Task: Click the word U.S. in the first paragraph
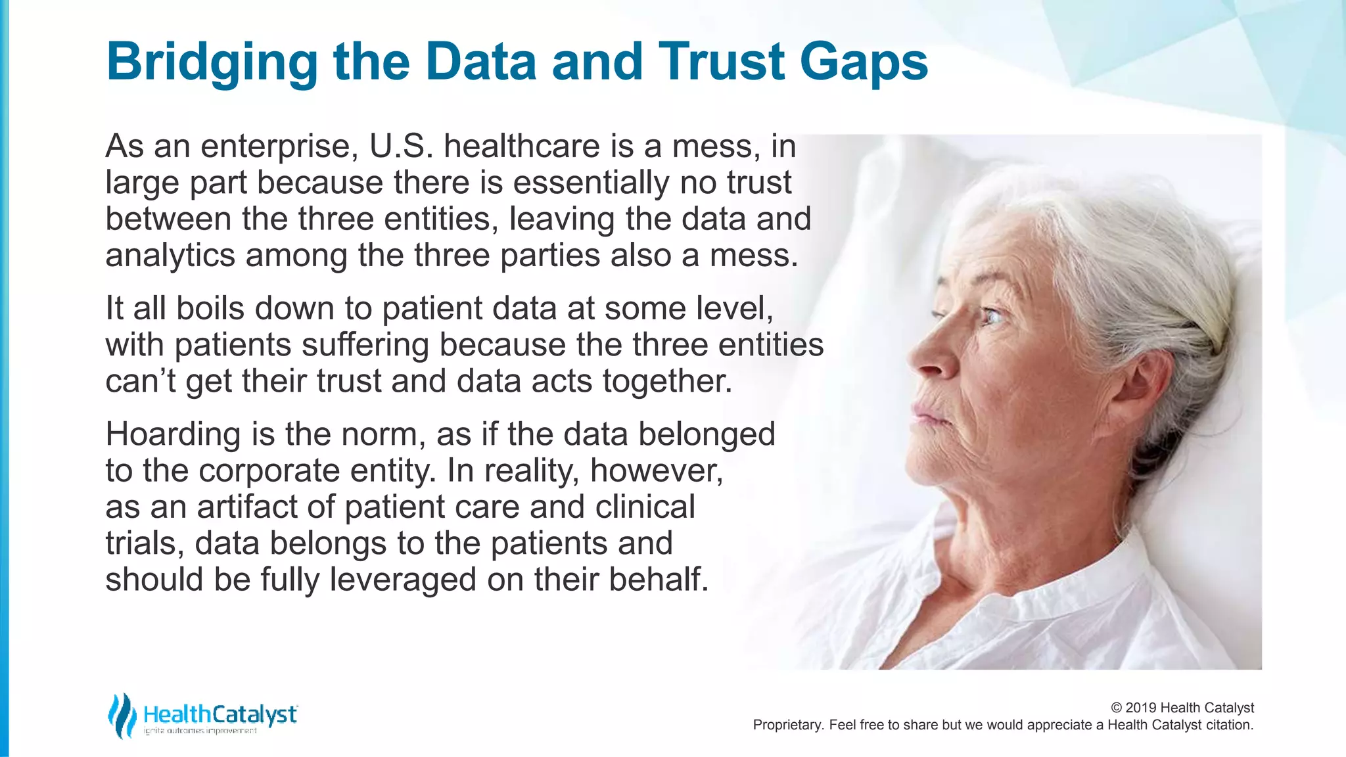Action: point(401,147)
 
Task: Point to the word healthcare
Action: point(522,147)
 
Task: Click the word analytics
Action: point(170,256)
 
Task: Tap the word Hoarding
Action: point(172,435)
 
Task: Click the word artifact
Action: point(266,507)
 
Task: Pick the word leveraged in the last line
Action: point(403,580)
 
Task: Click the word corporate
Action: point(269,471)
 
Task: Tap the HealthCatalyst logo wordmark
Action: point(220,715)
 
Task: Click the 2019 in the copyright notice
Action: point(1141,708)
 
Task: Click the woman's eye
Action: point(990,318)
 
